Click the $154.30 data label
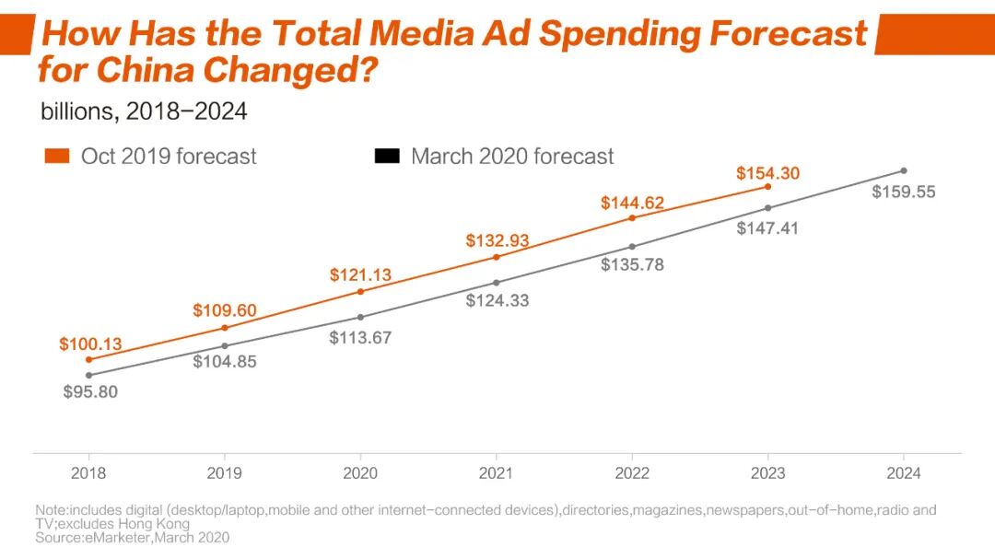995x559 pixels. coord(767,173)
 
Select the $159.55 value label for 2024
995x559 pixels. coord(903,192)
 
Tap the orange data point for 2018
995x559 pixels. coord(88,359)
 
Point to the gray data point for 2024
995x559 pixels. coord(904,170)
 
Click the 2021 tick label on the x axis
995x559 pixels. coord(496,473)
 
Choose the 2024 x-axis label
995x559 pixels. coord(904,473)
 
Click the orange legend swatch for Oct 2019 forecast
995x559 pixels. coord(57,157)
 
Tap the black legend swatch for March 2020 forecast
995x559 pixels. coord(387,157)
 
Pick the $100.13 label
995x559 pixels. coord(90,344)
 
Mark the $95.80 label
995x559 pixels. coord(90,391)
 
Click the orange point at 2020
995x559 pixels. coord(360,291)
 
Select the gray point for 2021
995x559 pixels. coord(497,283)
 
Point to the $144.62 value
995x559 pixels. coord(632,203)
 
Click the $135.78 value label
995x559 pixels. coord(632,264)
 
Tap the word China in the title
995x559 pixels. coord(148,70)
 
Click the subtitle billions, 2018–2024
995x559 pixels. coord(144,111)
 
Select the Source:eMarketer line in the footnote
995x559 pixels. coord(132,537)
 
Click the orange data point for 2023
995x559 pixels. coord(767,187)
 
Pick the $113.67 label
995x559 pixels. coord(360,338)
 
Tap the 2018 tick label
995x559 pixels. coord(88,473)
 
